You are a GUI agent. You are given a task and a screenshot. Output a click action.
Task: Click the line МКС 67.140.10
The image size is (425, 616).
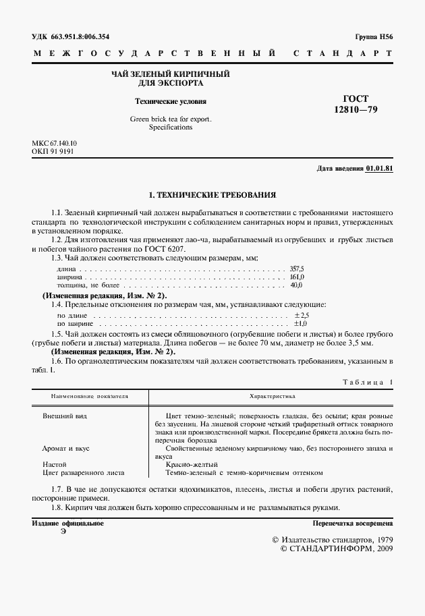click(x=55, y=144)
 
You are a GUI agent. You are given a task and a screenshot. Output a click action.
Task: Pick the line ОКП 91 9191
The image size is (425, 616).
click(x=53, y=152)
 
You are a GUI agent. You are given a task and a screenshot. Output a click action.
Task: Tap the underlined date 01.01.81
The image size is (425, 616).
click(x=379, y=168)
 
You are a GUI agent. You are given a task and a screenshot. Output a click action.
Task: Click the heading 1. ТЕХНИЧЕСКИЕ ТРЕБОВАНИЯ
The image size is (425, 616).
click(x=213, y=195)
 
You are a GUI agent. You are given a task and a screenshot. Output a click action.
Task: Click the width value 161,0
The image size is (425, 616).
click(x=297, y=277)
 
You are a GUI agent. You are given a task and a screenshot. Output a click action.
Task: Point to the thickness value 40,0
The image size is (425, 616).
click(x=297, y=285)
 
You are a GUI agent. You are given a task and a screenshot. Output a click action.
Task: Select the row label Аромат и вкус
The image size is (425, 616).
click(x=66, y=448)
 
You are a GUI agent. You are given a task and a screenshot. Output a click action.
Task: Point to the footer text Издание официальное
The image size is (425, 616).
click(x=67, y=524)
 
